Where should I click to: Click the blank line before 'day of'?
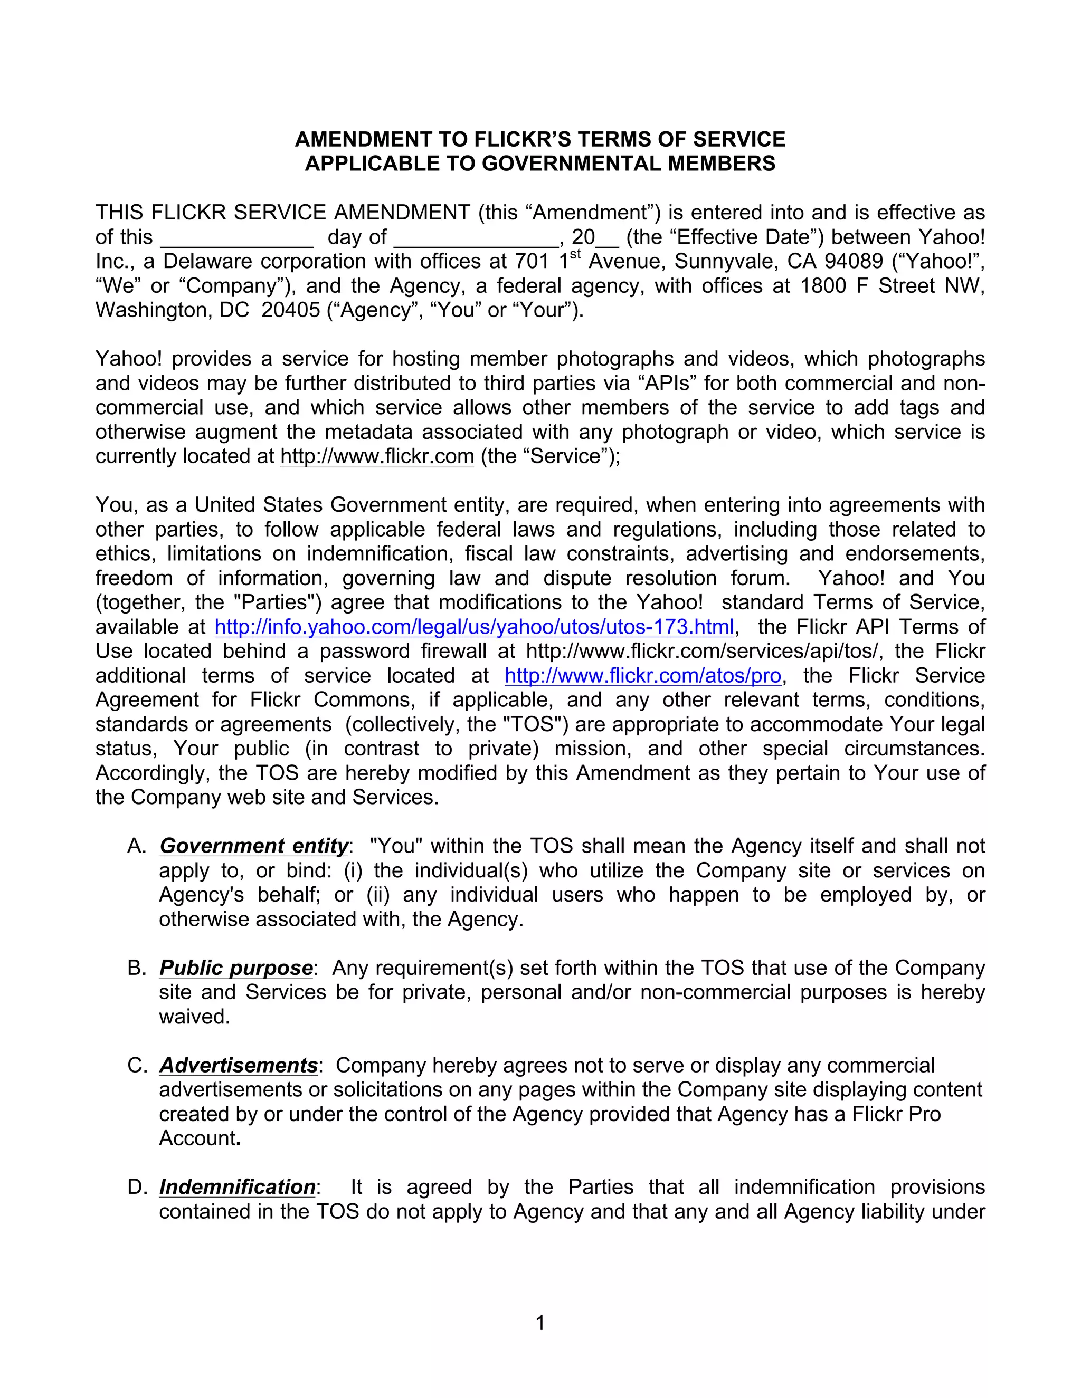click(236, 238)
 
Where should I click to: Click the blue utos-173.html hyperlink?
click(474, 627)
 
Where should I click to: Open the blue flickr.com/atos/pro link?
click(643, 675)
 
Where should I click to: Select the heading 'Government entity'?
click(253, 846)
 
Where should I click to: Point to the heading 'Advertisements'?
click(238, 1065)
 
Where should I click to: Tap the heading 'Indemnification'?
click(237, 1187)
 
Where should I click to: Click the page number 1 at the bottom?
click(540, 1323)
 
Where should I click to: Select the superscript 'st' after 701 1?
click(575, 255)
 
